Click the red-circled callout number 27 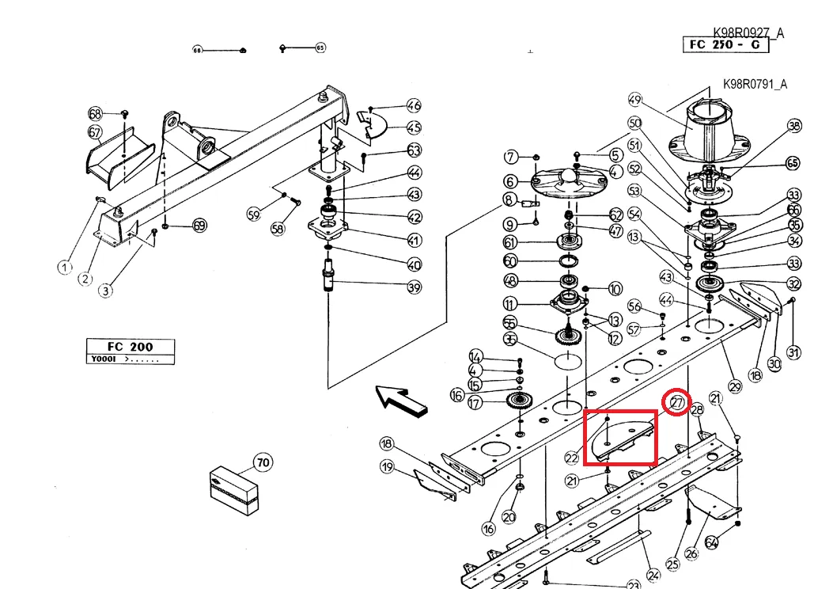pyautogui.click(x=677, y=402)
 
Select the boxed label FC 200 pyautogui.click(x=131, y=346)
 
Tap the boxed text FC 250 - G pyautogui.click(x=725, y=44)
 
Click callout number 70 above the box pyautogui.click(x=262, y=462)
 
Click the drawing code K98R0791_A pyautogui.click(x=755, y=84)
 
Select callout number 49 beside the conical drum pyautogui.click(x=634, y=100)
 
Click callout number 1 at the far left pyautogui.click(x=65, y=268)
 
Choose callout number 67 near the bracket pyautogui.click(x=95, y=131)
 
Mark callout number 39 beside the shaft pyautogui.click(x=414, y=287)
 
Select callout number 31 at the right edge pyautogui.click(x=793, y=352)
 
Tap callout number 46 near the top pyautogui.click(x=414, y=106)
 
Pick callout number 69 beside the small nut pyautogui.click(x=199, y=226)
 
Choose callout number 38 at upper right pyautogui.click(x=794, y=126)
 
